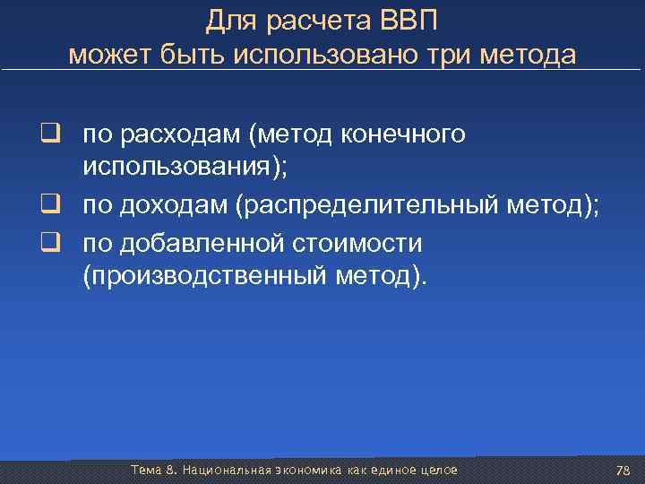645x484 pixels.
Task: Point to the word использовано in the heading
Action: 331,55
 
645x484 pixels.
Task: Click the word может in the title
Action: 102,55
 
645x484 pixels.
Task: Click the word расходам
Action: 185,135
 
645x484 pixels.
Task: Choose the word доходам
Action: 178,207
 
